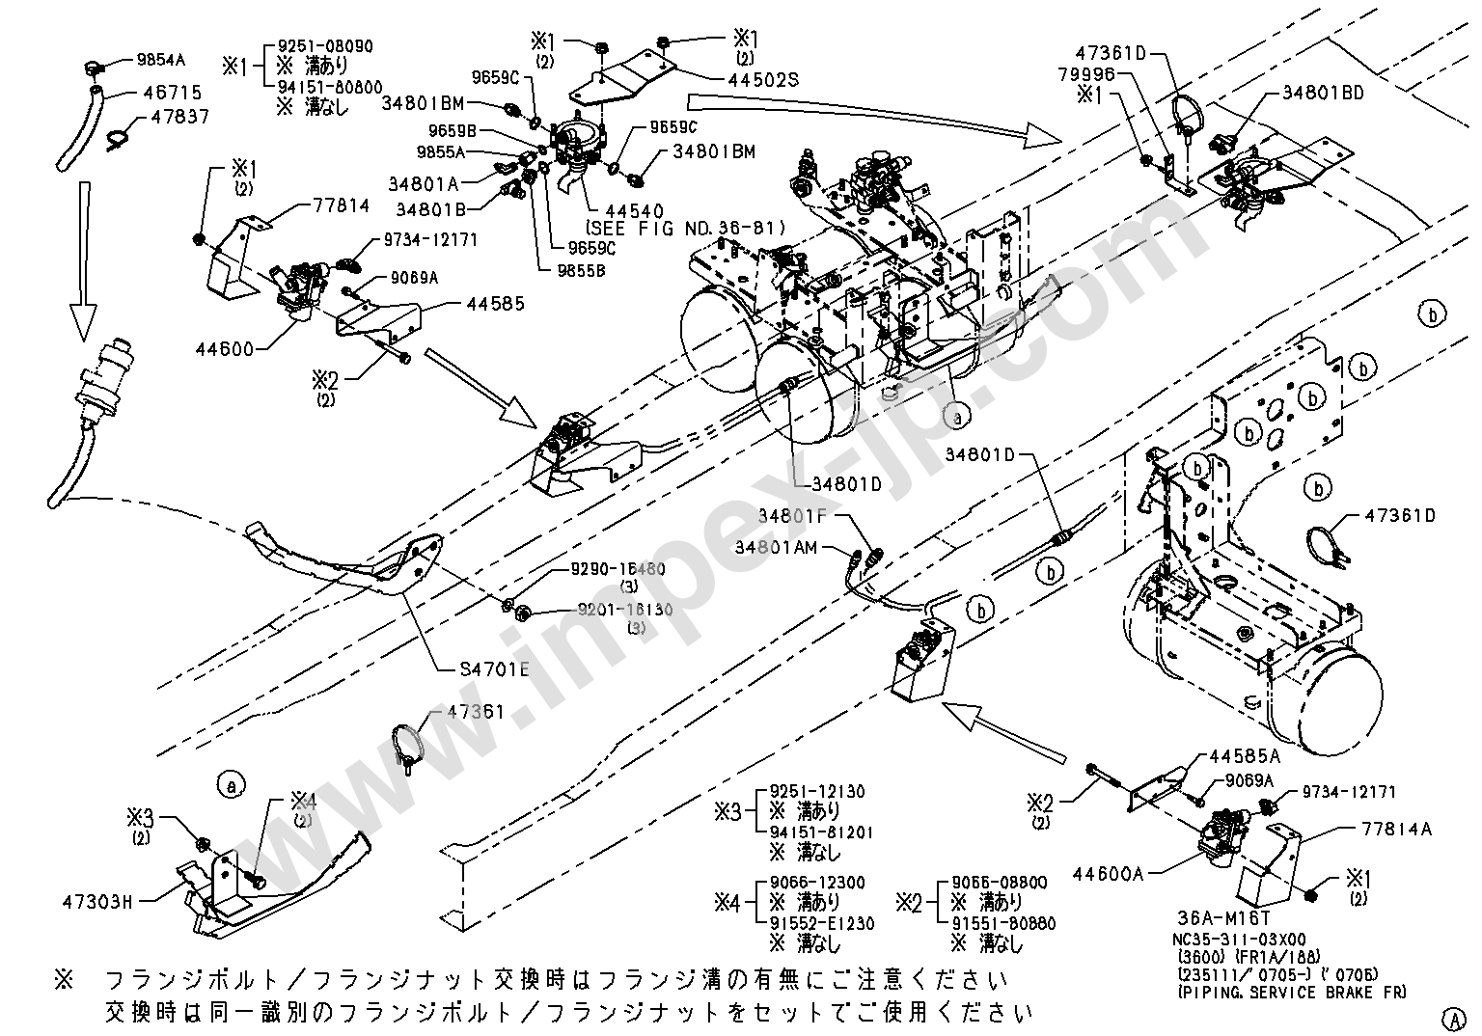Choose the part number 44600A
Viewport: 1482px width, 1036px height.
[x=1110, y=874]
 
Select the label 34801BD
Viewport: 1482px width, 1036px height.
[x=1323, y=94]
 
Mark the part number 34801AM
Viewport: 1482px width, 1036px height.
[x=776, y=547]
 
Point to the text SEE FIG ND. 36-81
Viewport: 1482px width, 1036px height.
[x=685, y=228]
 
